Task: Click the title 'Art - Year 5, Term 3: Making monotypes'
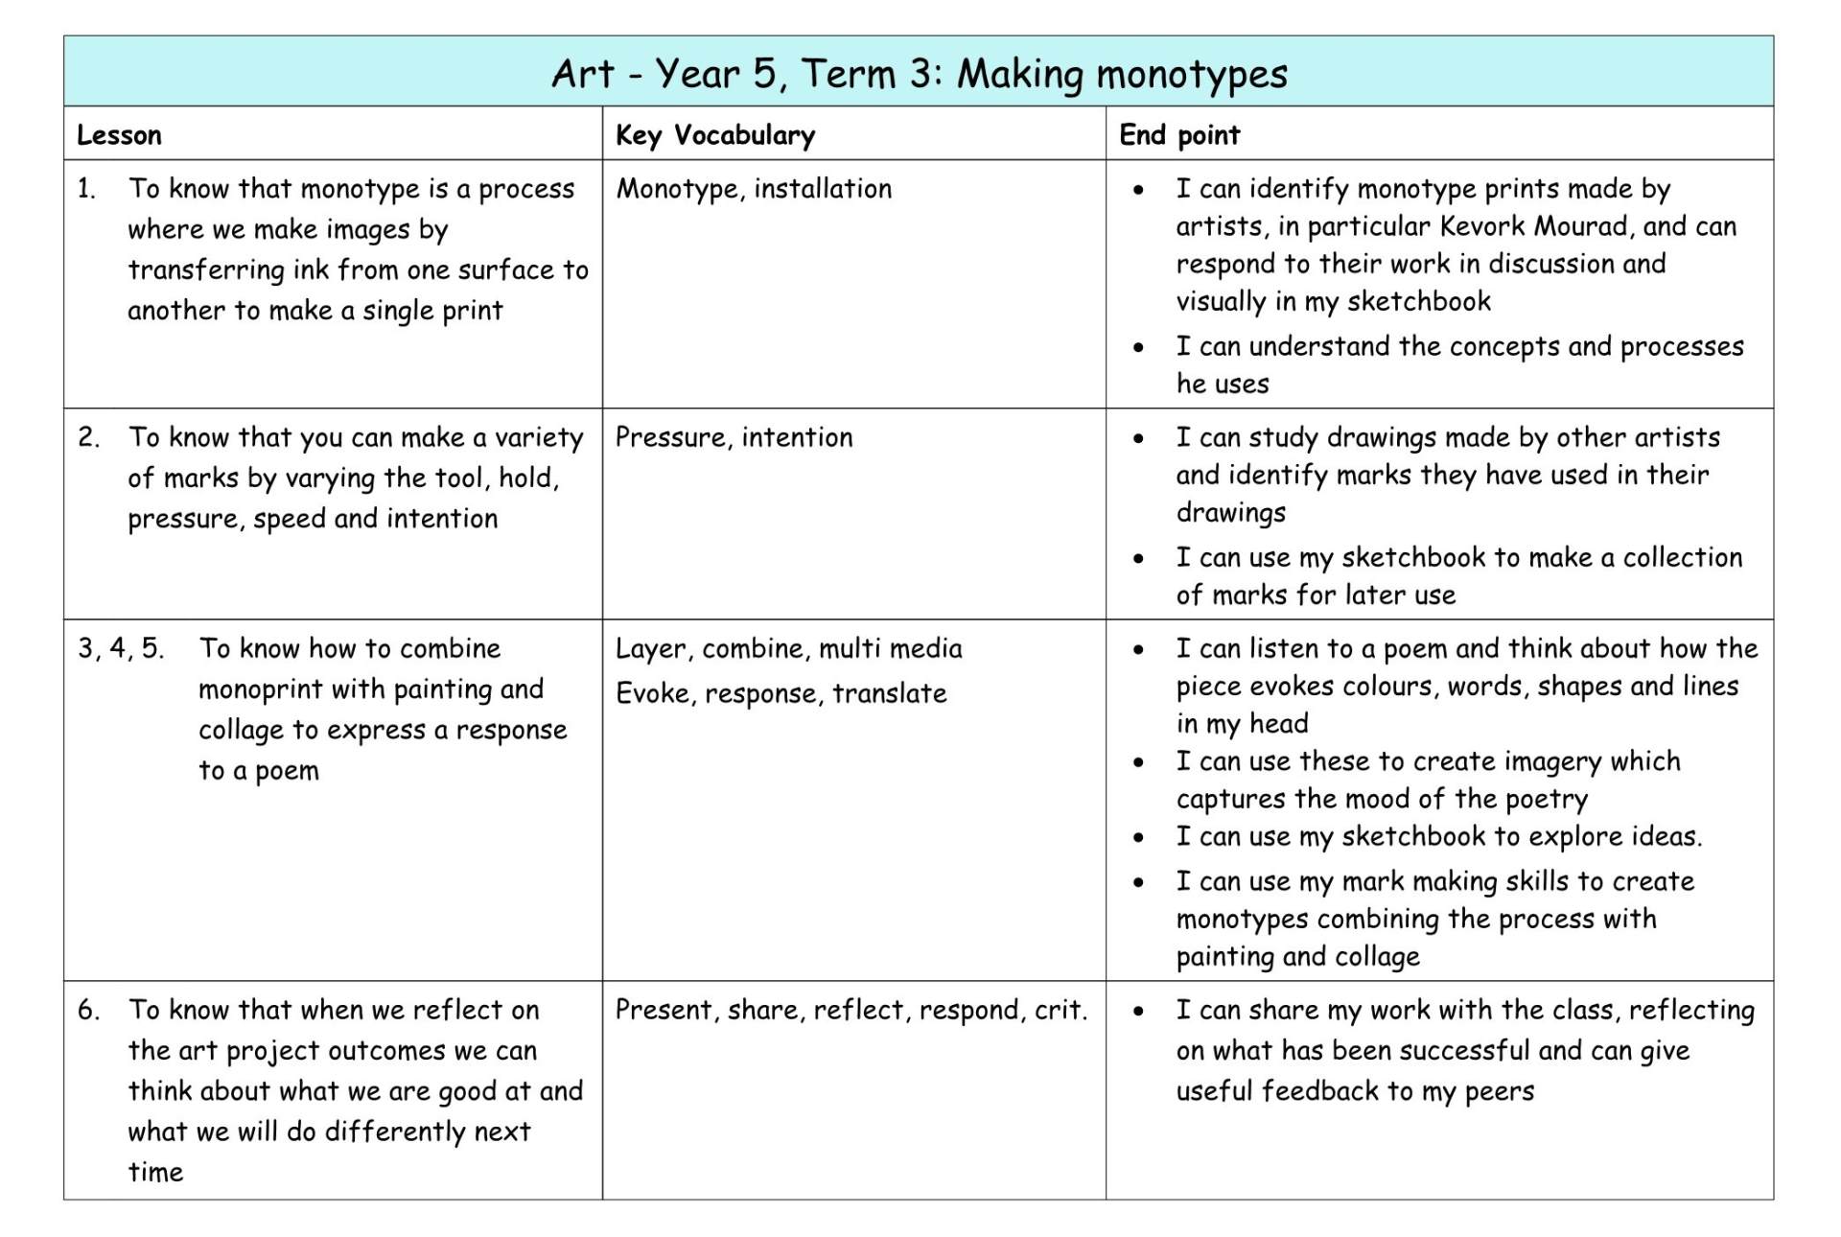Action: [919, 73]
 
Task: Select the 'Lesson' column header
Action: [119, 135]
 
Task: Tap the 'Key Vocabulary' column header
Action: [715, 135]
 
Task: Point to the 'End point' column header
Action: [1179, 135]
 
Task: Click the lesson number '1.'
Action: [87, 189]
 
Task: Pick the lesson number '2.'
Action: [88, 437]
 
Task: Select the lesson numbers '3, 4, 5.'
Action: [121, 648]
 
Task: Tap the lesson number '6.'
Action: [88, 1010]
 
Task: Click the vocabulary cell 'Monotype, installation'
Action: [754, 189]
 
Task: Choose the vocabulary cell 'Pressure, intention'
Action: [734, 437]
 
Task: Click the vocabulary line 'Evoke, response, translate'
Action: [781, 693]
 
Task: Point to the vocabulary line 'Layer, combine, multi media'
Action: [788, 648]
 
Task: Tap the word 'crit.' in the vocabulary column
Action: [1060, 1010]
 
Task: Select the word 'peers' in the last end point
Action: [1500, 1091]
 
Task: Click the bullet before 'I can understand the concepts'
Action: [1138, 347]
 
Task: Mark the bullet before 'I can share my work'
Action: [1138, 1011]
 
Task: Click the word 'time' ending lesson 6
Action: [155, 1172]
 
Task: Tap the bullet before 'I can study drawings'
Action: [1138, 438]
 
